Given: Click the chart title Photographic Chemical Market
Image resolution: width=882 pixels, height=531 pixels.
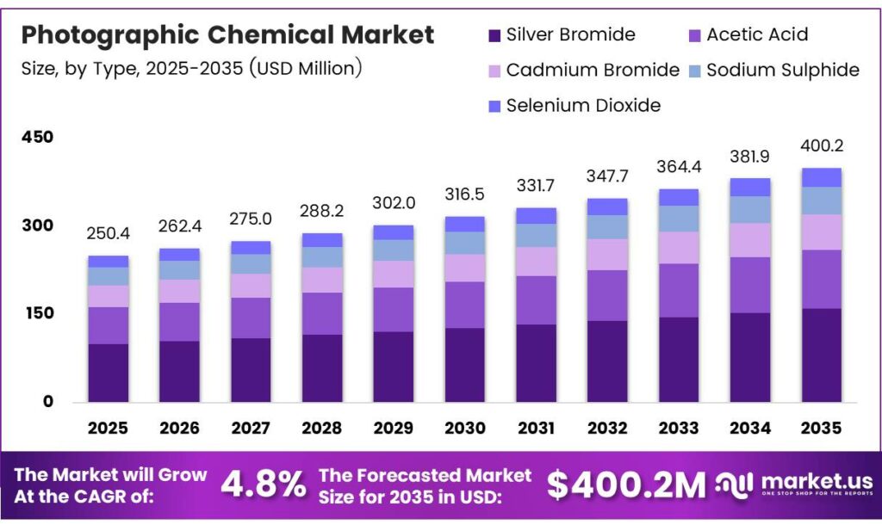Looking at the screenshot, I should (227, 35).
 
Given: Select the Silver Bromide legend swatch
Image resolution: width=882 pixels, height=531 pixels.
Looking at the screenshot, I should (494, 35).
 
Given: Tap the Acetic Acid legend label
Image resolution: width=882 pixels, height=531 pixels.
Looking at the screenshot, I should (757, 35).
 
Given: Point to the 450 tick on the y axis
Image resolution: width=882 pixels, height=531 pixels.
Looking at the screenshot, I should (37, 138).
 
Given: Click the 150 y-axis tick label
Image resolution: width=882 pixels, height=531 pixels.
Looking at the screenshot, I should (37, 314).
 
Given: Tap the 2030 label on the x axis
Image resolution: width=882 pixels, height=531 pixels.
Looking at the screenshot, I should (464, 428).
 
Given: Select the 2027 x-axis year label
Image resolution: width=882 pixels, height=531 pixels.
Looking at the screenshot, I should (251, 428).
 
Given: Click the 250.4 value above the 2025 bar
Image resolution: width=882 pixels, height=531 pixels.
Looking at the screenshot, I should (109, 235).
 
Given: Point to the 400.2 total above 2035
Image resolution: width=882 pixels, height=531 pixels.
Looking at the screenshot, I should (821, 145).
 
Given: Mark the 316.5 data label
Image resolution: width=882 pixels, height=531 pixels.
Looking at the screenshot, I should (464, 194).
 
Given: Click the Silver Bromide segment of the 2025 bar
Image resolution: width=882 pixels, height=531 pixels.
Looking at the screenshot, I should (109, 373).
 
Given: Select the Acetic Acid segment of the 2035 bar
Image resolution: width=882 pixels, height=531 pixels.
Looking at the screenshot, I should (821, 279).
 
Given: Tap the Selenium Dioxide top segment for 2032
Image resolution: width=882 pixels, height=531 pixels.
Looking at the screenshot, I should (607, 207).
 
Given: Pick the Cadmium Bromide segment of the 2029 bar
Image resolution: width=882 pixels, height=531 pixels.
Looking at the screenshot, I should (394, 274).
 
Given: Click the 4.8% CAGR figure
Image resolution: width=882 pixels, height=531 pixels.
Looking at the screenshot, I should (263, 485).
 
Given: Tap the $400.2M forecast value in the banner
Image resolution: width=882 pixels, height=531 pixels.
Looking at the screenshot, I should (626, 485).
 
